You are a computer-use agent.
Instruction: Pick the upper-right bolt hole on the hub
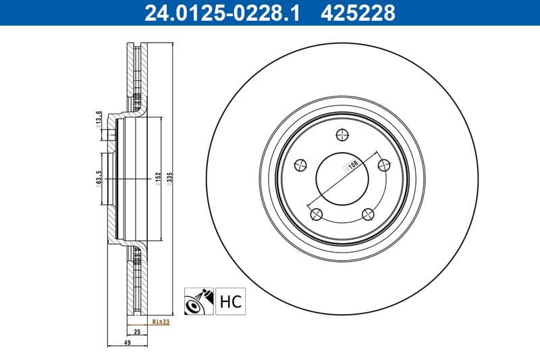tap(384, 163)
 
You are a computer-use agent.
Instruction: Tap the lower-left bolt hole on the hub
tap(316, 214)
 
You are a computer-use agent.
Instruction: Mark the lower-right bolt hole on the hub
tap(368, 214)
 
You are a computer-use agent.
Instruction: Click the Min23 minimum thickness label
tap(160, 322)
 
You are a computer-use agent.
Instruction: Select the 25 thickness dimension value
tap(137, 332)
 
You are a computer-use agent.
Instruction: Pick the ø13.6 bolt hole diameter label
tap(99, 119)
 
